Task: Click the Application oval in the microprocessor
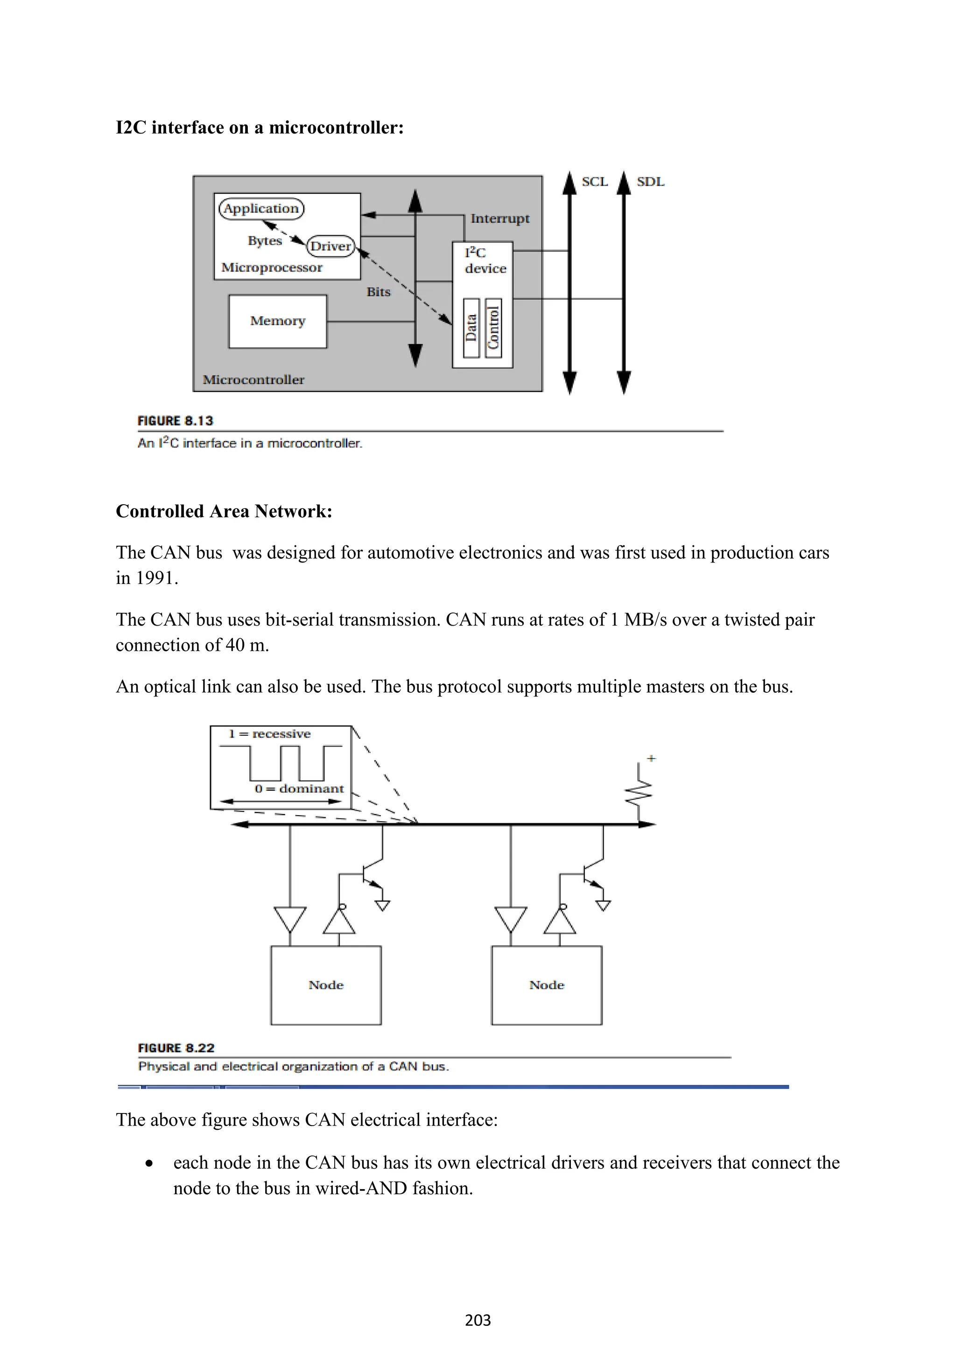pos(261,209)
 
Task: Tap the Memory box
pos(277,321)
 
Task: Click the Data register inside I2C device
pos(471,328)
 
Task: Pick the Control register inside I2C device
pos(493,328)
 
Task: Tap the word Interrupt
pos(500,218)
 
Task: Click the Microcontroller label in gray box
pos(254,380)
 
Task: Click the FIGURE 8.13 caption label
pos(176,421)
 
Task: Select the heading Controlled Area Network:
pos(224,511)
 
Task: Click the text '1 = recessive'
pos(270,734)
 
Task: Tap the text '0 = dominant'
pos(299,789)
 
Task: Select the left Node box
pos(325,985)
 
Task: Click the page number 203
pos(478,1320)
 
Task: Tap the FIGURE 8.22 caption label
pos(176,1048)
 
